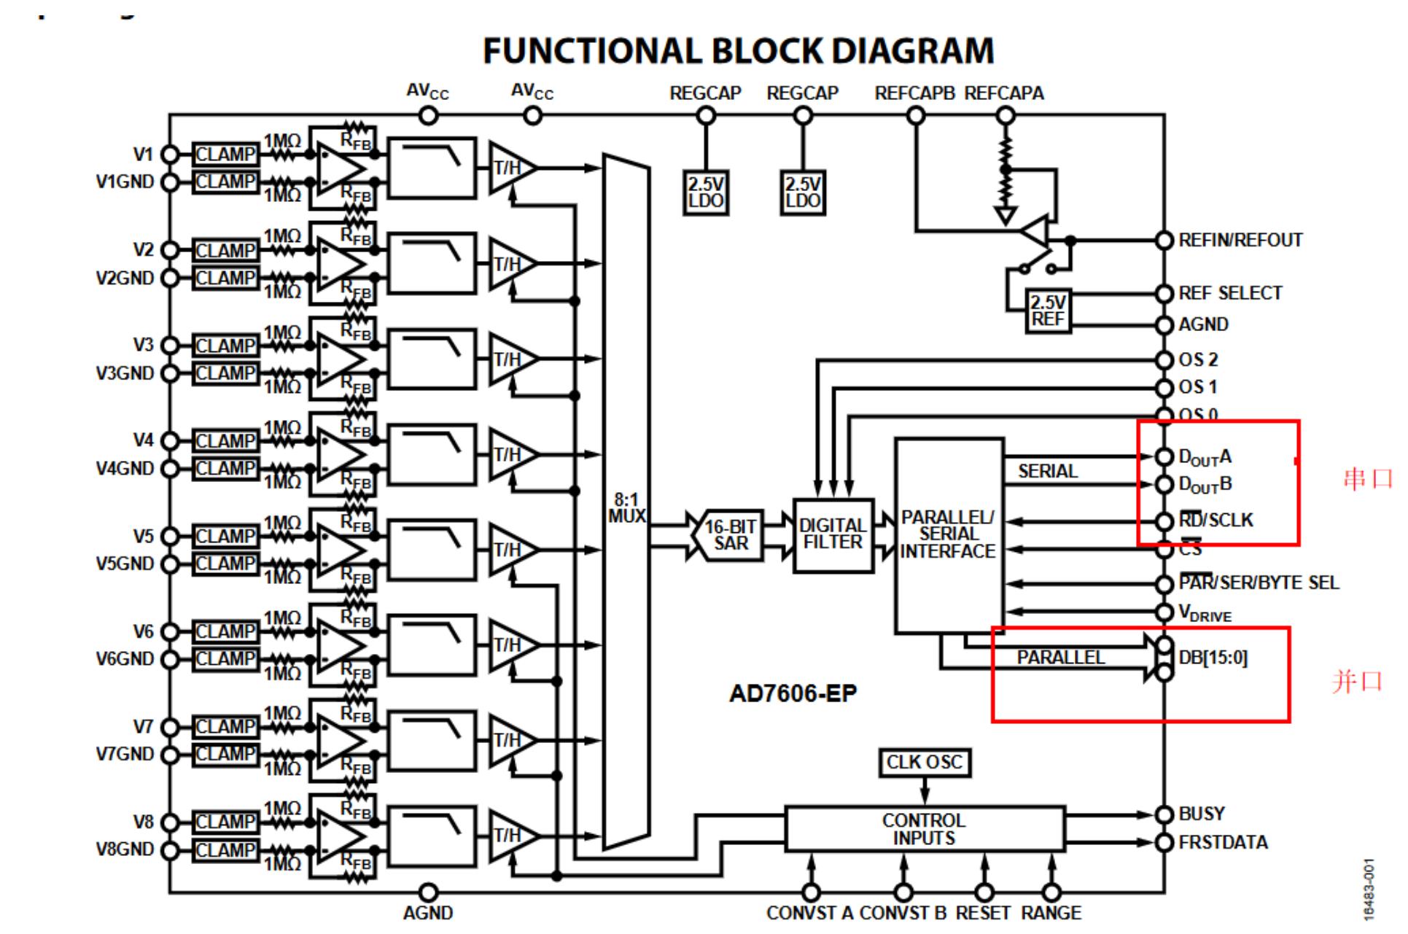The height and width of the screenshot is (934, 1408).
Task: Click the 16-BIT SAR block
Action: click(x=730, y=535)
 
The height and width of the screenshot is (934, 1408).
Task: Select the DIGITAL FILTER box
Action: click(x=833, y=535)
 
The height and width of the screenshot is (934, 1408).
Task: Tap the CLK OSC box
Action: click(x=924, y=763)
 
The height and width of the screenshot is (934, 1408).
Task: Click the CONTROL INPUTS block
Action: click(x=924, y=829)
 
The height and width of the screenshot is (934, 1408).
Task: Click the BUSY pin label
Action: click(x=1202, y=814)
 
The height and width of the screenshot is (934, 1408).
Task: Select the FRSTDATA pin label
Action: click(x=1223, y=843)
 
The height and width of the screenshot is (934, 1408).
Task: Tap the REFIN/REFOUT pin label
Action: click(x=1240, y=241)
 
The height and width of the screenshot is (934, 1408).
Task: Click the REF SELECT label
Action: click(x=1230, y=293)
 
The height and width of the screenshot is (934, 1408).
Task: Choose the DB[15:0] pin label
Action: click(x=1213, y=658)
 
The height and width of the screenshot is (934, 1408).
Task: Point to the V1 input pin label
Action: click(x=143, y=155)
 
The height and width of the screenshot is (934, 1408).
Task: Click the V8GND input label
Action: click(x=125, y=849)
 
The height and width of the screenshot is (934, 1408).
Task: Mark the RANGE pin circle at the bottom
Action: click(x=1051, y=892)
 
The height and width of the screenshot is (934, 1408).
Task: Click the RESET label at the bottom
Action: click(x=983, y=913)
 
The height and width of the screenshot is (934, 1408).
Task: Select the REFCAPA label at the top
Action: click(x=1004, y=93)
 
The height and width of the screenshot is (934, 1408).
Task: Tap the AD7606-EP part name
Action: click(x=793, y=693)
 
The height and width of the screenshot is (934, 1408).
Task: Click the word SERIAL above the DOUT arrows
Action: click(x=1047, y=472)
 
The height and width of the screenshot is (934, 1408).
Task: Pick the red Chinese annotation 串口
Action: click(x=1367, y=479)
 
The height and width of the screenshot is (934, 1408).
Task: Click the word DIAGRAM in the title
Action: click(x=912, y=51)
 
